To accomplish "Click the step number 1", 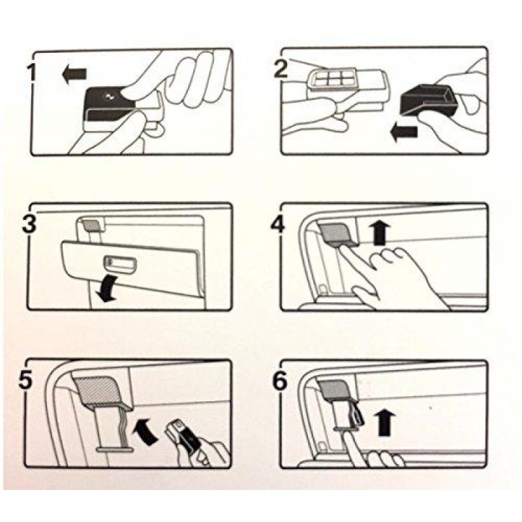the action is [31, 73].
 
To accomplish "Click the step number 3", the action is [29, 224].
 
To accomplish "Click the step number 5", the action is [26, 380].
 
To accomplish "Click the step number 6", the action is [280, 380].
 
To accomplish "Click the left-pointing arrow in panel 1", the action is [74, 74].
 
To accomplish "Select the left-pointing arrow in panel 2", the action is [403, 132].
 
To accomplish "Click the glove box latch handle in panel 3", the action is [119, 262].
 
